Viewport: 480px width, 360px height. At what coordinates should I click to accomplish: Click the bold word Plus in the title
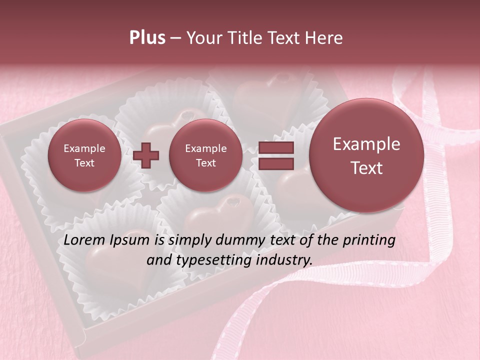(x=147, y=38)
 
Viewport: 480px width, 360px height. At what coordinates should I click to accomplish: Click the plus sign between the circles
(x=146, y=155)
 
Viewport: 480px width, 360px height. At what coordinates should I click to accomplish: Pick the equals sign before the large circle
(x=275, y=155)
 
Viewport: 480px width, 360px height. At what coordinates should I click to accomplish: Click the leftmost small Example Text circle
(x=84, y=155)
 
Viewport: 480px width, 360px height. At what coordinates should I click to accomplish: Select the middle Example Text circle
(x=205, y=155)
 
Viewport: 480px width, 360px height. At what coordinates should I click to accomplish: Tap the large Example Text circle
(x=366, y=155)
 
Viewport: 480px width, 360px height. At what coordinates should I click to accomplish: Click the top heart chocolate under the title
(x=265, y=92)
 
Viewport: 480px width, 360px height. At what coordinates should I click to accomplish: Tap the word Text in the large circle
(x=366, y=168)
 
